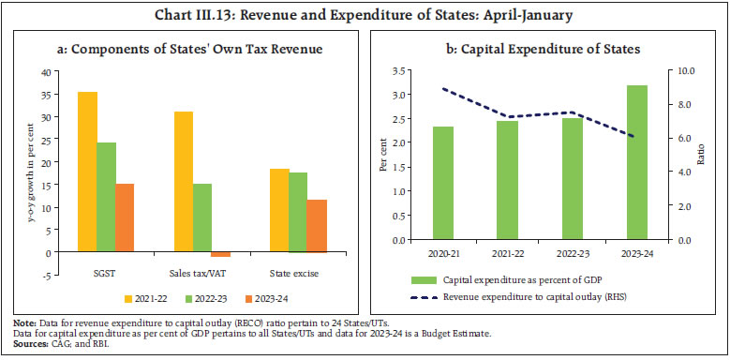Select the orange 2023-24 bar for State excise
click(x=317, y=226)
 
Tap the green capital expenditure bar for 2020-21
click(x=443, y=183)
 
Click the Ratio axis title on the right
click(x=702, y=155)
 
